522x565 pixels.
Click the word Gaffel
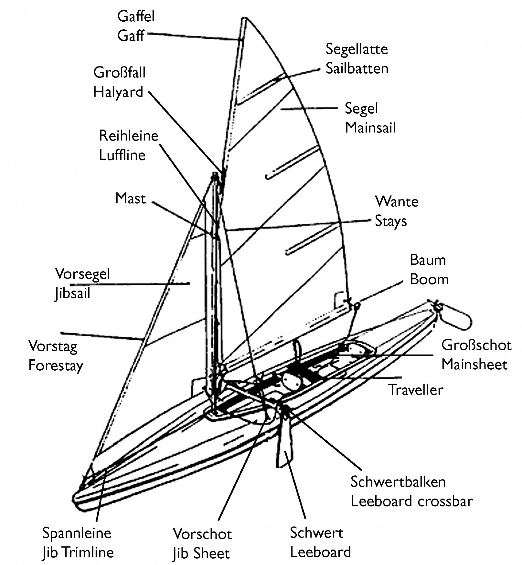(136, 16)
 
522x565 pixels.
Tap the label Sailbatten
(357, 68)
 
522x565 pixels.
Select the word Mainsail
(370, 128)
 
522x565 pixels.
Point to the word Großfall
(119, 72)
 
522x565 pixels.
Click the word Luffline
(122, 155)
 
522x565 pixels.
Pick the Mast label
(130, 198)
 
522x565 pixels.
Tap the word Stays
(390, 221)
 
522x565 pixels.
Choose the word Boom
(429, 279)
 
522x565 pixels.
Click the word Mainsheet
(474, 365)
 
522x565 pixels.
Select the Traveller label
(415, 390)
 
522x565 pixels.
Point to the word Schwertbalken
(398, 482)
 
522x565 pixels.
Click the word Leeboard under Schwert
(320, 552)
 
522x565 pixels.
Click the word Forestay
(56, 366)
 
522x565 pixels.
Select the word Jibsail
(72, 293)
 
